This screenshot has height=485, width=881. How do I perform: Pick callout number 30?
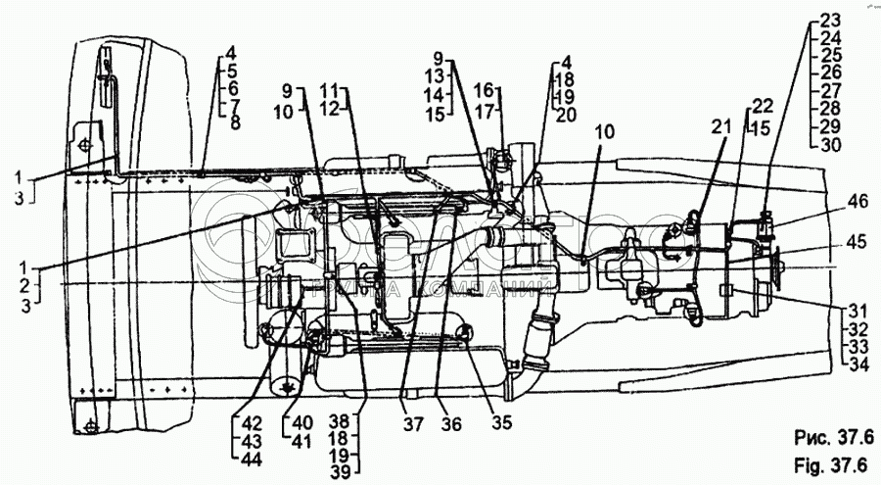(x=829, y=145)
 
